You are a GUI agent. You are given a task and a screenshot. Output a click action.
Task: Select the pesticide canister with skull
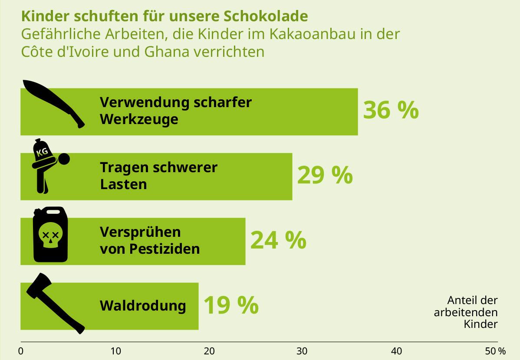point(51,236)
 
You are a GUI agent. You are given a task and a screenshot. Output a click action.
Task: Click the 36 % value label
point(391,110)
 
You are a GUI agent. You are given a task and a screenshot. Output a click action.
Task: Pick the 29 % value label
point(325,175)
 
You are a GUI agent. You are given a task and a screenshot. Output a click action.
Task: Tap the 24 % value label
point(278,240)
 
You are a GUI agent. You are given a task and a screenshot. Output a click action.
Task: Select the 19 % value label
point(230,305)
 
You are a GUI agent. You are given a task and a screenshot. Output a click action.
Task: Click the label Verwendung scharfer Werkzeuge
point(175,111)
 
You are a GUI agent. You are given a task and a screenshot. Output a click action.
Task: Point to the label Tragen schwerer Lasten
point(158,176)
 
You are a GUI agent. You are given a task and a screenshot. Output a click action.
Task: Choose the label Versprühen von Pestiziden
point(150,241)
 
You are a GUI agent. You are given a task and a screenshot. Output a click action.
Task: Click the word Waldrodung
point(143,306)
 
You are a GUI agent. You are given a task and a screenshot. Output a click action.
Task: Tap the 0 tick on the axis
point(21,351)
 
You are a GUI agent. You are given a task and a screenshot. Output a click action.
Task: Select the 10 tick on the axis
point(115,351)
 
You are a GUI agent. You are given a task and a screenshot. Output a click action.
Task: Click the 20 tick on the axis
point(209,351)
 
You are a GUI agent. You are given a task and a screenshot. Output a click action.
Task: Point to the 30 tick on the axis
point(302,351)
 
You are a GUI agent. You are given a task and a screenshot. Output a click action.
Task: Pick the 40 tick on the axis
point(396,351)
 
